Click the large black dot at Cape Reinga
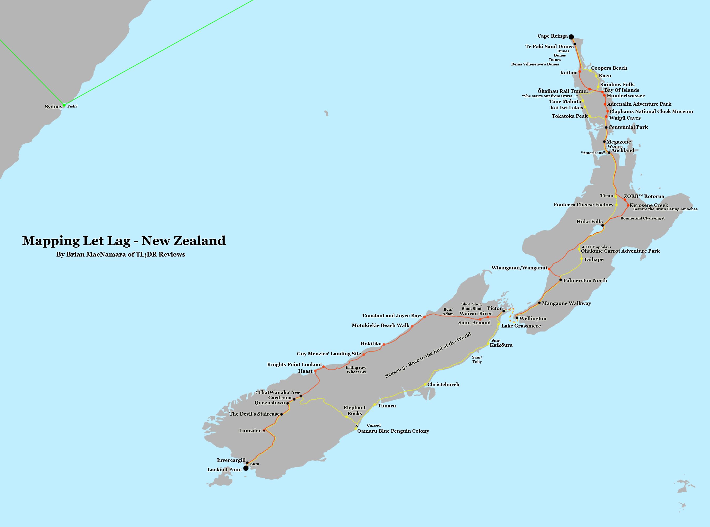[571, 37]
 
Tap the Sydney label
[53, 106]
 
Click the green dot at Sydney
[64, 105]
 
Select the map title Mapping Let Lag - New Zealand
[124, 241]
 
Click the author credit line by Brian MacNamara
[121, 254]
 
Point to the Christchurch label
[443, 384]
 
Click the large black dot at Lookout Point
[246, 468]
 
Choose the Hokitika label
[371, 344]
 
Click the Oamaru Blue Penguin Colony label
[393, 431]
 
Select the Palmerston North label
[585, 280]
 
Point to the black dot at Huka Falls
[602, 225]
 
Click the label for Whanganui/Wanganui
[519, 268]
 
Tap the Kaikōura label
[501, 345]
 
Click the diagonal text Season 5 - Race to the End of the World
[428, 355]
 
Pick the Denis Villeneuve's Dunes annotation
[535, 64]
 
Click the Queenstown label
[270, 403]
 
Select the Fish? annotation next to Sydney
[72, 106]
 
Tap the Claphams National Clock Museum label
[651, 111]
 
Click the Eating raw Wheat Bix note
[356, 370]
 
